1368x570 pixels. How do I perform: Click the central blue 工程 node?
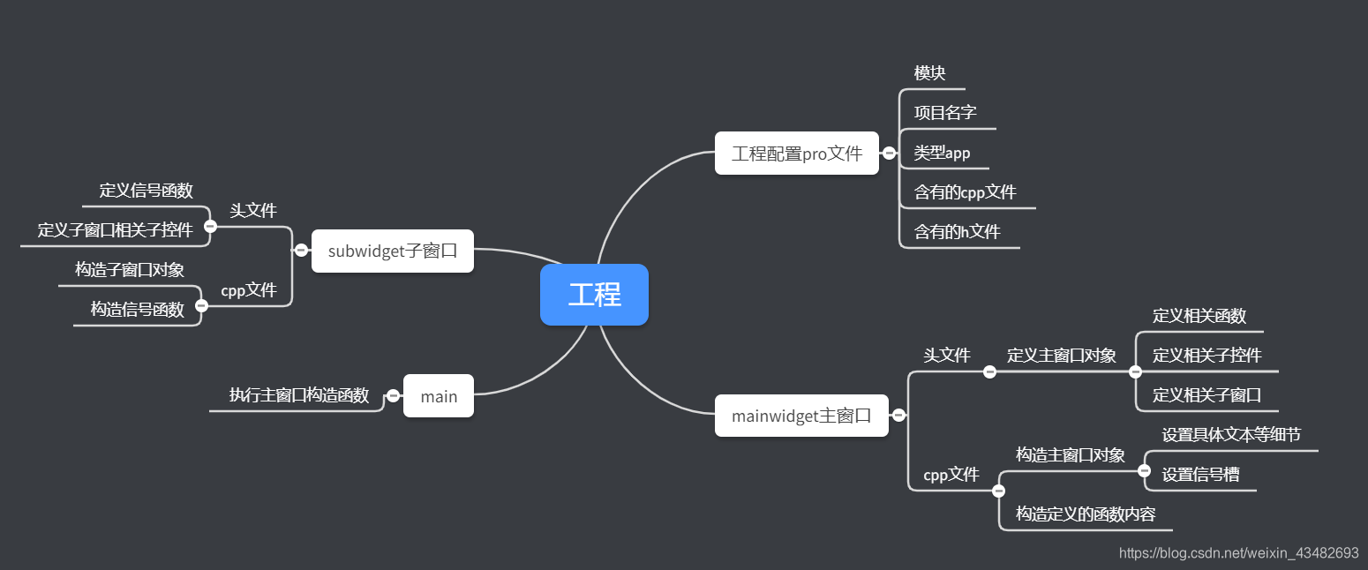click(594, 295)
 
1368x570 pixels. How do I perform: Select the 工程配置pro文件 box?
click(796, 154)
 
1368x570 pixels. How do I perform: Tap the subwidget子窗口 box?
click(393, 251)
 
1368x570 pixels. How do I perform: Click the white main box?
click(439, 396)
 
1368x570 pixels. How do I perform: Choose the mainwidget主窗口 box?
click(801, 416)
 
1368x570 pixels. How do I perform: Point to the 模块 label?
click(930, 73)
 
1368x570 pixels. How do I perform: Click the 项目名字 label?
click(945, 113)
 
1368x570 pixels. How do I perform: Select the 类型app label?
click(942, 153)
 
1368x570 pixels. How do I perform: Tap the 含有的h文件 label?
click(957, 232)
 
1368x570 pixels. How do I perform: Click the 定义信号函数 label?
click(147, 191)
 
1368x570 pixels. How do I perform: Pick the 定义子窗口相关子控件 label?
click(115, 230)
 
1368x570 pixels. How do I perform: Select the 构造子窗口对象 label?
click(130, 270)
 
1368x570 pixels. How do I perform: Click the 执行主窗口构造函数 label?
click(299, 395)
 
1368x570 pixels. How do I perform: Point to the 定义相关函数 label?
click(1199, 316)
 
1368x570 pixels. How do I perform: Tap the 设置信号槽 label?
click(1200, 475)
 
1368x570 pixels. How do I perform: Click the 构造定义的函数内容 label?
click(1086, 514)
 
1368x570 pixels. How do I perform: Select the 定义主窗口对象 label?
click(1062, 356)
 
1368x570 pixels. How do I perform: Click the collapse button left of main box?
click(394, 396)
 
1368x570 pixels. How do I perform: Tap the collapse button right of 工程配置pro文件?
click(890, 154)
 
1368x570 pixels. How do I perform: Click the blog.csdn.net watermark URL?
click(1239, 553)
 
